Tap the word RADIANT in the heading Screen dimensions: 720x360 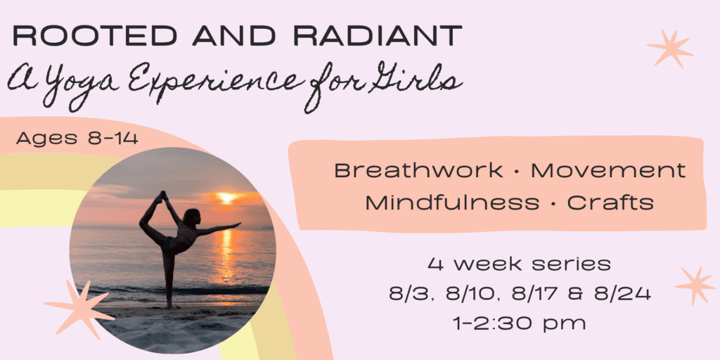[x=378, y=36]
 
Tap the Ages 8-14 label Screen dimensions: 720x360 [x=77, y=139]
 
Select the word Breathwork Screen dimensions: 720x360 [x=418, y=170]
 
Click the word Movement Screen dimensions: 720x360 [x=608, y=170]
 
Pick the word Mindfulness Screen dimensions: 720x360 [x=452, y=202]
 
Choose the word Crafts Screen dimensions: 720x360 [x=611, y=202]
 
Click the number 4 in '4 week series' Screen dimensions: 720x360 [x=435, y=264]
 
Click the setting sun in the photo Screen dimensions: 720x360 [x=226, y=198]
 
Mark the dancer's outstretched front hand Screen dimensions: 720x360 [x=236, y=224]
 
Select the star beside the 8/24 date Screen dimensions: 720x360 [x=694, y=285]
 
